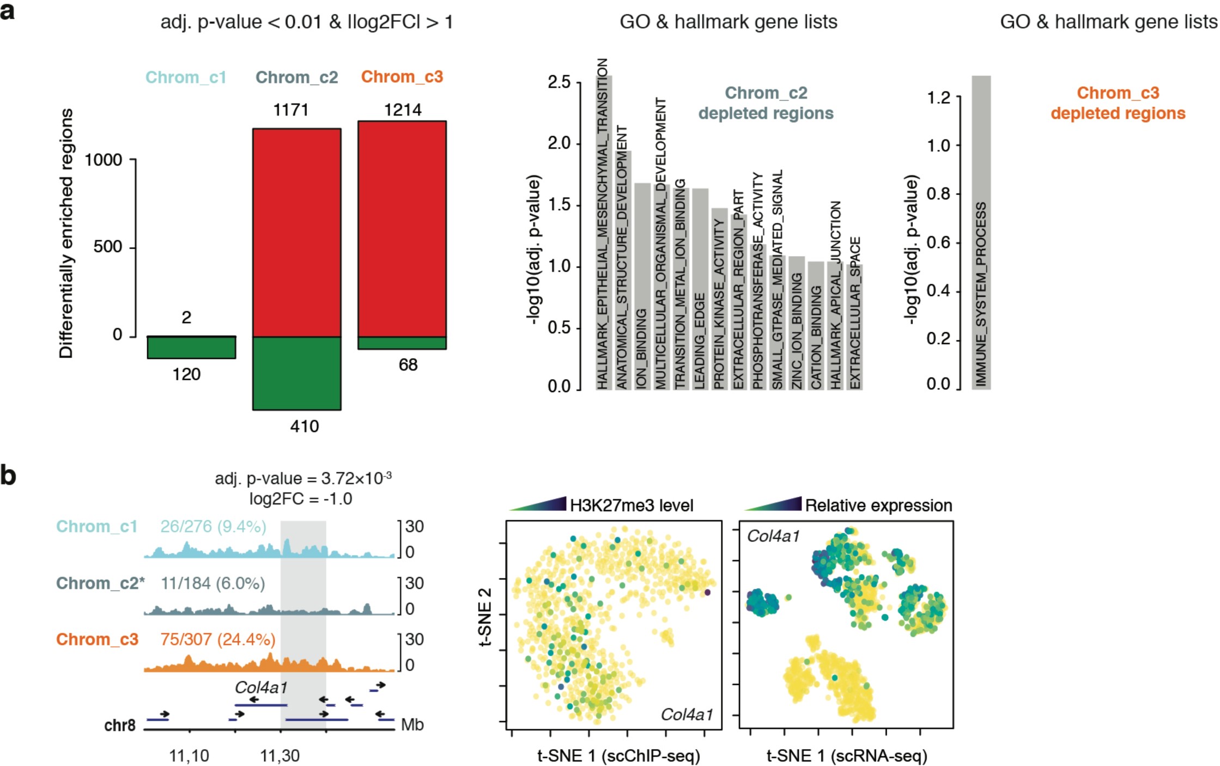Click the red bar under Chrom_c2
pyautogui.click(x=296, y=233)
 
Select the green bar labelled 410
pyautogui.click(x=296, y=373)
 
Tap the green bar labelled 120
pyautogui.click(x=191, y=348)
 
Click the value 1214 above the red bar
pyautogui.click(x=402, y=110)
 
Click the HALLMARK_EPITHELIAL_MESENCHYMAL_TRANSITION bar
pyautogui.click(x=603, y=234)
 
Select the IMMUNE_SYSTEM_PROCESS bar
pyautogui.click(x=981, y=234)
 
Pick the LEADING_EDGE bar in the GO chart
pyautogui.click(x=700, y=289)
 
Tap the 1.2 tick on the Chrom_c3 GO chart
pyautogui.click(x=938, y=98)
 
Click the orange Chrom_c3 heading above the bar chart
pyautogui.click(x=402, y=77)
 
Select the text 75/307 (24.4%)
pyautogui.click(x=218, y=639)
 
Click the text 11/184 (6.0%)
pyautogui.click(x=213, y=583)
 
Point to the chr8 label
pyautogui.click(x=119, y=725)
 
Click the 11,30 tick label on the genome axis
pyautogui.click(x=280, y=756)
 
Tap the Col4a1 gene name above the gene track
pyautogui.click(x=260, y=688)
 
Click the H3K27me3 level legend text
pyautogui.click(x=631, y=505)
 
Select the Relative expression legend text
pyautogui.click(x=878, y=505)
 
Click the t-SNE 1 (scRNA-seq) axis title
pyautogui.click(x=846, y=756)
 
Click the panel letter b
pyautogui.click(x=8, y=475)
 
